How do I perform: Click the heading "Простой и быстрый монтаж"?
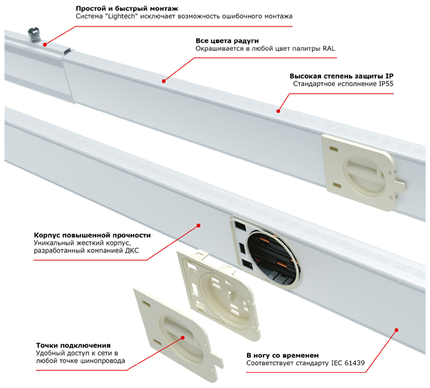(x=127, y=9)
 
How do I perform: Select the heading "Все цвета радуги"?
(x=227, y=41)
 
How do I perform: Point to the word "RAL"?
(x=329, y=49)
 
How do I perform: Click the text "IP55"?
(x=386, y=84)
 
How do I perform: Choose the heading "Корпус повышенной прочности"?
(x=92, y=235)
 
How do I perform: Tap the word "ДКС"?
(x=132, y=251)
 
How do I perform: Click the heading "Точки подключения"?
(x=74, y=346)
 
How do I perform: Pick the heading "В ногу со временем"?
(x=282, y=355)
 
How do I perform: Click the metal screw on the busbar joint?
(x=34, y=35)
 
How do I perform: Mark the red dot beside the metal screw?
(x=44, y=44)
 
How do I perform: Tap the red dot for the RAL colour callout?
(x=164, y=81)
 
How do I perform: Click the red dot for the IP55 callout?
(x=278, y=111)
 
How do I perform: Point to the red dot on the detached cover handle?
(x=182, y=337)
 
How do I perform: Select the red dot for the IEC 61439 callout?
(x=396, y=330)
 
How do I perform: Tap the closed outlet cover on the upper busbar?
(x=363, y=172)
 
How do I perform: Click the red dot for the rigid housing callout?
(x=198, y=226)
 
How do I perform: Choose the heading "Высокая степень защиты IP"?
(x=341, y=76)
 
